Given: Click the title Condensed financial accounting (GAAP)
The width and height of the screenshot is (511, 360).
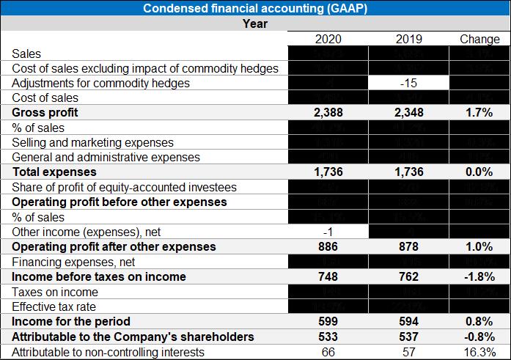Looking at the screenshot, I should click(x=255, y=9).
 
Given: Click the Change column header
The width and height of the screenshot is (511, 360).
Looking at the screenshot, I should click(x=479, y=39).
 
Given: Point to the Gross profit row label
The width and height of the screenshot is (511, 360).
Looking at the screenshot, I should click(x=45, y=113).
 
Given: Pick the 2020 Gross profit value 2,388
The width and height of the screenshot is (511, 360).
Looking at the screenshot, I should click(x=327, y=113).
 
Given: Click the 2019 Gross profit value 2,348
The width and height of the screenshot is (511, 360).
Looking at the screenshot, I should click(x=404, y=113).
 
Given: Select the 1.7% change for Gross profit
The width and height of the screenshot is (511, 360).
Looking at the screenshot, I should click(x=479, y=113).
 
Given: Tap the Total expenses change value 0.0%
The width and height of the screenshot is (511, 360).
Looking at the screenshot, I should click(x=479, y=172).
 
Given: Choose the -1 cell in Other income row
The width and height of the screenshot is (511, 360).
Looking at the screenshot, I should click(x=327, y=232).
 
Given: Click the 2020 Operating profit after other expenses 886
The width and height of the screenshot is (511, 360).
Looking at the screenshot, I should click(x=327, y=247).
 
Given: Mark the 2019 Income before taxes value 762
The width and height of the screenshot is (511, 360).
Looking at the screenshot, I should click(x=404, y=276).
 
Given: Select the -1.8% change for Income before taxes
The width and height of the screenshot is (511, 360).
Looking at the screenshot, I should click(x=479, y=276).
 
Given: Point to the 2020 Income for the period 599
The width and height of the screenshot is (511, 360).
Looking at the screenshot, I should click(x=327, y=321).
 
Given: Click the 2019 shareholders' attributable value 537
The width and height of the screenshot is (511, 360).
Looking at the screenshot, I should click(x=404, y=337).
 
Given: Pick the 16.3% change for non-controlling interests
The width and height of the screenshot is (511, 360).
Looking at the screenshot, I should click(x=479, y=351).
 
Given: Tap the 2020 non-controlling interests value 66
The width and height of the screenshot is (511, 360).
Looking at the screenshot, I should click(x=327, y=351).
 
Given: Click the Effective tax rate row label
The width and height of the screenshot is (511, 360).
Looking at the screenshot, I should click(x=54, y=306).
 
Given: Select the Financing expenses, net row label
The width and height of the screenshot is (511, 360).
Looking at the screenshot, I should click(x=68, y=262).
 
